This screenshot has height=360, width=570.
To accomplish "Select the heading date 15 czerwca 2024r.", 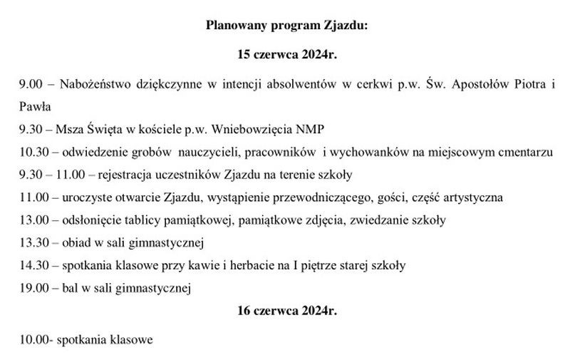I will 286,54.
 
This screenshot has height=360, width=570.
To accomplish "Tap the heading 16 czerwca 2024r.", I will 286,312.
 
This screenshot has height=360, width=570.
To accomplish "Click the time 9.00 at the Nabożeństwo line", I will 31,84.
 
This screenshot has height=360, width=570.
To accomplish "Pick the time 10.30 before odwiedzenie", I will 34,152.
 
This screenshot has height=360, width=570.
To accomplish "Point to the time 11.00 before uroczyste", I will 34,197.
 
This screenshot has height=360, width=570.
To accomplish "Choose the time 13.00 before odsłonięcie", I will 34,220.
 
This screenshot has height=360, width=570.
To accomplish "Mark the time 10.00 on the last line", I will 34,340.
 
